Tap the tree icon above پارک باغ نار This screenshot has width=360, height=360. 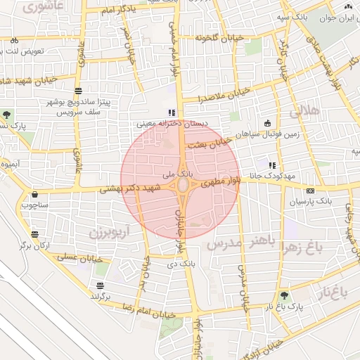click(285, 296)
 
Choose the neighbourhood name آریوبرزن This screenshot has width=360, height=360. click(110, 231)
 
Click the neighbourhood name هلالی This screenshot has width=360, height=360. click(304, 111)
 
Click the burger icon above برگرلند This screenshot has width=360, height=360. click(101, 285)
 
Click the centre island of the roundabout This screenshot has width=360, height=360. click(183, 185)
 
